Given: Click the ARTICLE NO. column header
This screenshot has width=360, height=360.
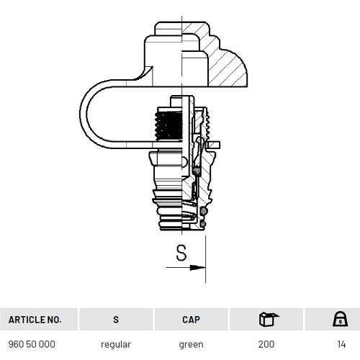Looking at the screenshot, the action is [x=35, y=320].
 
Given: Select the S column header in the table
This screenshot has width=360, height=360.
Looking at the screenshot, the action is [x=116, y=320].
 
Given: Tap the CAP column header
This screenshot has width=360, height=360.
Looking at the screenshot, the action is [x=191, y=320].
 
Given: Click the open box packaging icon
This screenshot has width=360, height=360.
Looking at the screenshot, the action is [x=269, y=319].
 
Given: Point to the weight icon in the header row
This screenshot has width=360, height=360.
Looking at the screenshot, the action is [x=340, y=319].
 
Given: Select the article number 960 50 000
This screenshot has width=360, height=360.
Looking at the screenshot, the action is [x=32, y=344].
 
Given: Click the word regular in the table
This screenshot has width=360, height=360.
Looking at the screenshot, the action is [x=116, y=345].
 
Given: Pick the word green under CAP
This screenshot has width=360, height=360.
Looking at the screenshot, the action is [x=191, y=345].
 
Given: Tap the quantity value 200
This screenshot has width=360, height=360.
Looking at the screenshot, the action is [x=266, y=344].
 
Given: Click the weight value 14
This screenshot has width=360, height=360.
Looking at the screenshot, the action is [x=341, y=344].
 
